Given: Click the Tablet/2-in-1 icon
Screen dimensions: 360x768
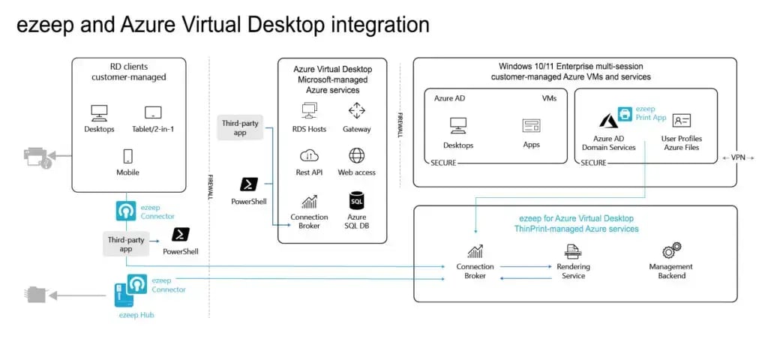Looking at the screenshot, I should pos(153,113).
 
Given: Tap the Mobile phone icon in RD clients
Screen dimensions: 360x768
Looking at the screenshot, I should pos(127,156).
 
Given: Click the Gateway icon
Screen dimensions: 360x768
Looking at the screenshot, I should pos(357,112).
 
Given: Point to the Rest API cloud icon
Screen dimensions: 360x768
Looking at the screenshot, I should pos(309,155).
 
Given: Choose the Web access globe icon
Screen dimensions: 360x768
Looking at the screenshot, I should pos(357,155).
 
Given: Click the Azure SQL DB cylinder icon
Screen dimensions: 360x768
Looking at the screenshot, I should pos(357,200).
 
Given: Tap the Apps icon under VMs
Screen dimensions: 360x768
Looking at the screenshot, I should pos(532,125).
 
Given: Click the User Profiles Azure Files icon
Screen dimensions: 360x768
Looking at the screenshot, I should pos(681,121).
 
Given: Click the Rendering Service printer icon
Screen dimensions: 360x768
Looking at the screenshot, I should pos(573,250).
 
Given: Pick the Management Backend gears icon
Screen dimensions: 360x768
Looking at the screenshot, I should pos(670,250).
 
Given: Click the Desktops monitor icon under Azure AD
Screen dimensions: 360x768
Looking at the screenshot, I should pos(458,125).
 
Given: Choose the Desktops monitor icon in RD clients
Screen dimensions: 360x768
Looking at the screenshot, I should pos(99,113).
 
